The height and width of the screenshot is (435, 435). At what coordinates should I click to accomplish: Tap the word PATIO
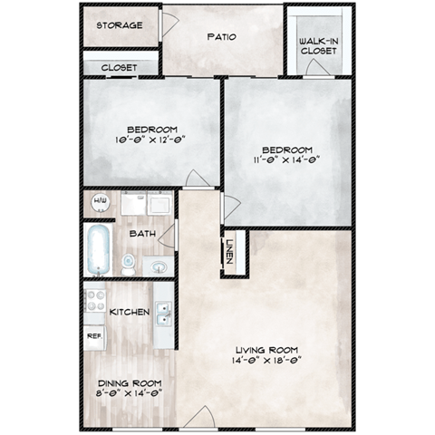(222, 39)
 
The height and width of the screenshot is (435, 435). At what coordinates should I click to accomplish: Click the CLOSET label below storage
(119, 68)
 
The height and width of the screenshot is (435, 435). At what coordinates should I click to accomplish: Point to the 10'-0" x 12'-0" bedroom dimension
(152, 141)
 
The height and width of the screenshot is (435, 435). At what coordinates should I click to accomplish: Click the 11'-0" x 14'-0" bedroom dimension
(287, 162)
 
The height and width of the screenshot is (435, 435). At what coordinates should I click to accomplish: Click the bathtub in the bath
(97, 249)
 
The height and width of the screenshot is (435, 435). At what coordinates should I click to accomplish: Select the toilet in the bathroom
(129, 264)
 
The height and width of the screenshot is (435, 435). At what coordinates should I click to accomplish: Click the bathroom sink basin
(158, 266)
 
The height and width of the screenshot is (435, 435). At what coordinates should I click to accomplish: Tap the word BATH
(141, 234)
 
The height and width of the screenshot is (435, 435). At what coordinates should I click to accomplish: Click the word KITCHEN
(129, 313)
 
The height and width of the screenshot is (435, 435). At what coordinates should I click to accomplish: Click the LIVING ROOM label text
(267, 351)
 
